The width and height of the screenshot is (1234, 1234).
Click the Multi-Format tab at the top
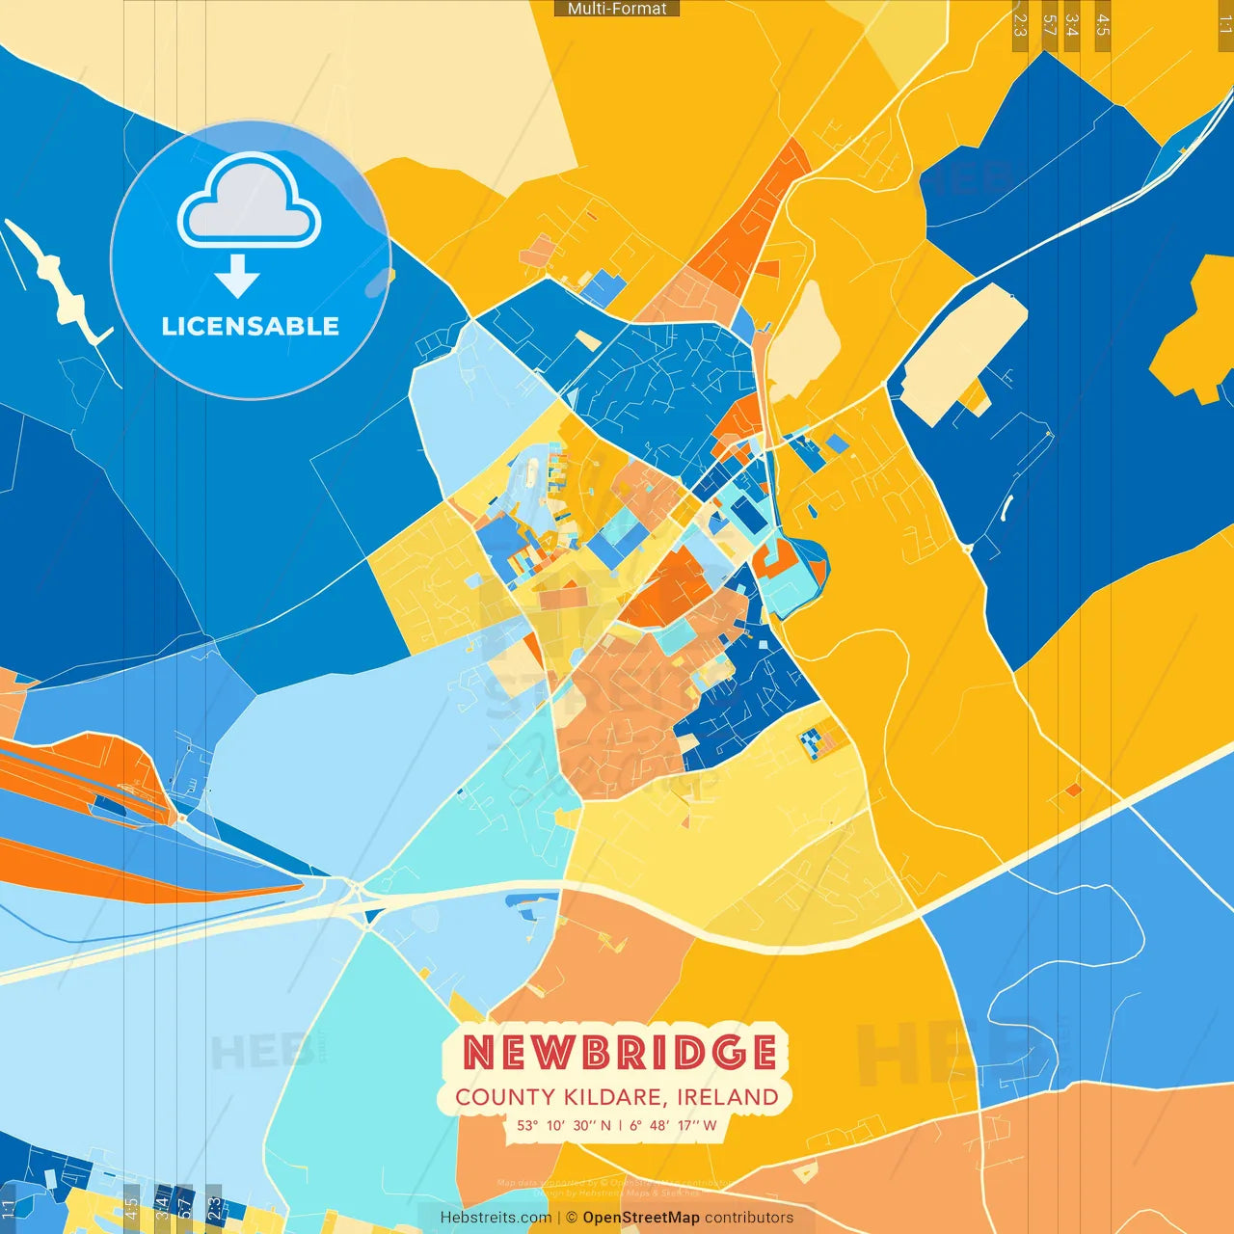617,9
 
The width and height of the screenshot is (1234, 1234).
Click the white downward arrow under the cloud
237,277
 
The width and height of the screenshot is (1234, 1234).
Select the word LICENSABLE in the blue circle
251,326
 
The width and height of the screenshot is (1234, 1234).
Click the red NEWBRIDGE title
620,1052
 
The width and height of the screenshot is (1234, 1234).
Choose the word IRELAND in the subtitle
727,1097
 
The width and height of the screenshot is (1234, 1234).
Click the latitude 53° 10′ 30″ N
564,1125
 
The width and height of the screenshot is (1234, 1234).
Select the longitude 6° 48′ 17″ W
674,1125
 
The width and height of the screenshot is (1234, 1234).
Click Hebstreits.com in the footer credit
496,1218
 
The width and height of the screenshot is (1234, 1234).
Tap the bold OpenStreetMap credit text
641,1218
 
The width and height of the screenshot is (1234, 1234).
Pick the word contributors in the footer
749,1218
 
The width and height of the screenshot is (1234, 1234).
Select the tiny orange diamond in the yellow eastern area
1073,791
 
